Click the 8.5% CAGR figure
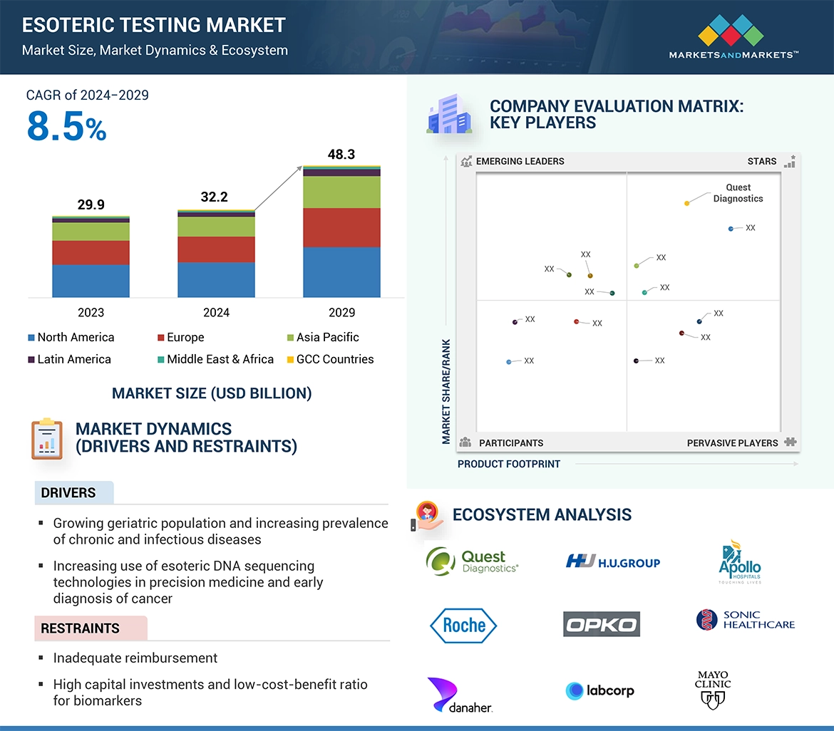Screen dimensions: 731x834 tap(66, 127)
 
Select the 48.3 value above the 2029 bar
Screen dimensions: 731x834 tap(341, 155)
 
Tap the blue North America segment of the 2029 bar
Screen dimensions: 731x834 tap(341, 272)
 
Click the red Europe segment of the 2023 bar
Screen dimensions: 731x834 tap(91, 253)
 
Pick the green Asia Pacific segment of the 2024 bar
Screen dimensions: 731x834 tap(216, 227)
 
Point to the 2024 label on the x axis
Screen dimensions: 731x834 tap(216, 312)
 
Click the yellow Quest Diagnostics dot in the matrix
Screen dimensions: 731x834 tap(686, 204)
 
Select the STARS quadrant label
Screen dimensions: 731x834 tap(761, 161)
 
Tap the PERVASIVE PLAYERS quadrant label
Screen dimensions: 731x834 tap(732, 443)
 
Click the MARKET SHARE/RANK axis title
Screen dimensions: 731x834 tap(446, 391)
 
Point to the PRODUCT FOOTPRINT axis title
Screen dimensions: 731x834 tap(508, 464)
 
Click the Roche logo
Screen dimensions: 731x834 tap(463, 626)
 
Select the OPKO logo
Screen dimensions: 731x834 tap(601, 625)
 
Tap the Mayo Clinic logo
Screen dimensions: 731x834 tap(713, 690)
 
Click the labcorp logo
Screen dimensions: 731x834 tap(599, 690)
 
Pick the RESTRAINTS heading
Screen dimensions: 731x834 tap(80, 628)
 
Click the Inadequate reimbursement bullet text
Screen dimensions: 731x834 tap(135, 658)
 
